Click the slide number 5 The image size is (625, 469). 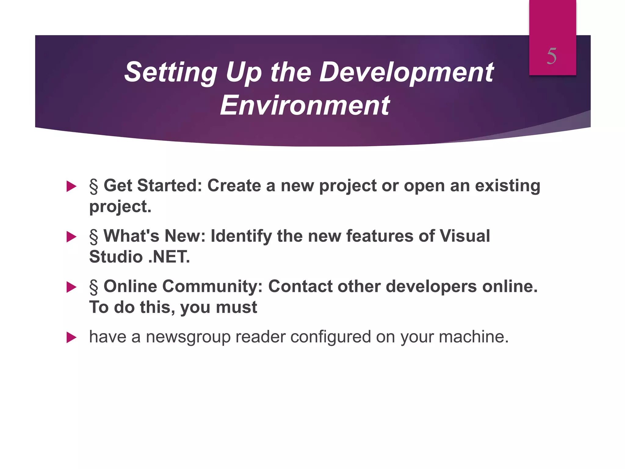pyautogui.click(x=552, y=56)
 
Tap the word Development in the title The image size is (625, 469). pyautogui.click(x=406, y=72)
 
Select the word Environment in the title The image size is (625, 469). pyautogui.click(x=305, y=105)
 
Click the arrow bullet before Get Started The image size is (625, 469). pyautogui.click(x=71, y=186)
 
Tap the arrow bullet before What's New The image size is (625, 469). pyautogui.click(x=71, y=237)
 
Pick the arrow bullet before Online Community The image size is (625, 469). pyautogui.click(x=71, y=287)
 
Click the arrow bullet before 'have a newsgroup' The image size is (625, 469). pyautogui.click(x=71, y=337)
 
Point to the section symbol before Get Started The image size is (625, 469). pyautogui.click(x=94, y=186)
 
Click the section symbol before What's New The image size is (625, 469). pyautogui.click(x=94, y=237)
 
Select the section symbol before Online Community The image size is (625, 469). pyautogui.click(x=94, y=287)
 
